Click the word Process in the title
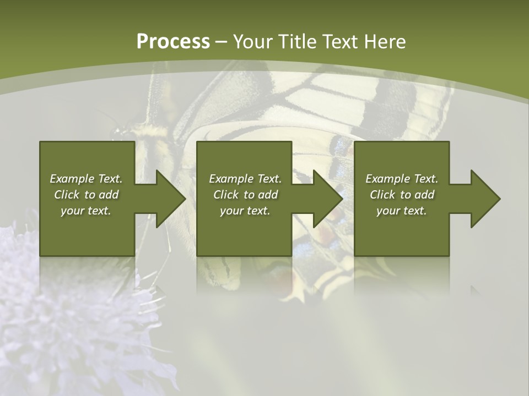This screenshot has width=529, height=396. tap(173, 42)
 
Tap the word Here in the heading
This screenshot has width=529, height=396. tap(385, 42)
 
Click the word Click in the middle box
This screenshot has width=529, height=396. tap(226, 195)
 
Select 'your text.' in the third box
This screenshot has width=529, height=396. tap(402, 211)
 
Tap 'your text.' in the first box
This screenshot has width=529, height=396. tap(86, 211)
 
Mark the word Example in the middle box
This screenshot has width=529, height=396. tap(227, 179)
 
